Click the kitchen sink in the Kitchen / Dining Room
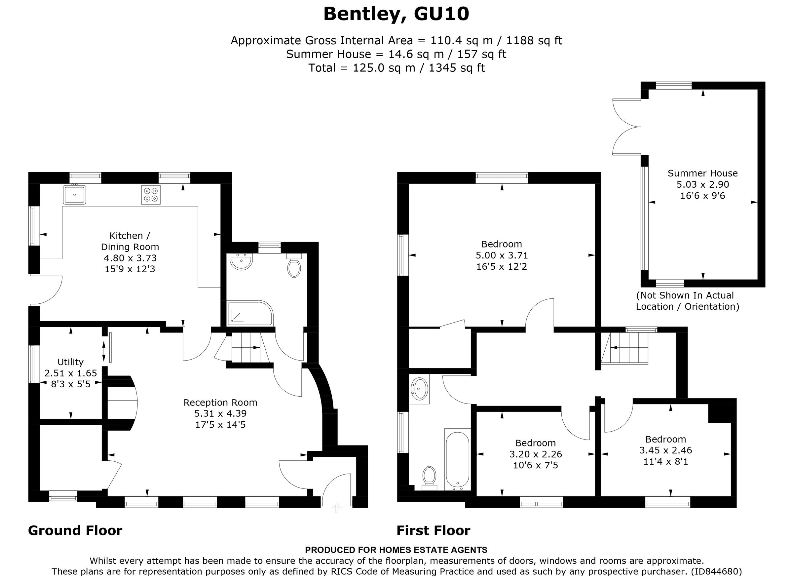[74, 195]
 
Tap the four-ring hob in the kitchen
[151, 195]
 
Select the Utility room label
[70, 362]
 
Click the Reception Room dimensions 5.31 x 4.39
[220, 413]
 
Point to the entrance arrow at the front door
[336, 507]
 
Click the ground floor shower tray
[249, 313]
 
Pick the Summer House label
[702, 173]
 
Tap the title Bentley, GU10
[396, 14]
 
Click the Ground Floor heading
[75, 531]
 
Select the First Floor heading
[433, 531]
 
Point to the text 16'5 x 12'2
[502, 267]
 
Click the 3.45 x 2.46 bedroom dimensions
[665, 450]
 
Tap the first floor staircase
[625, 348]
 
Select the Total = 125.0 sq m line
[396, 68]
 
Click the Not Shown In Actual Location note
[687, 301]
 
